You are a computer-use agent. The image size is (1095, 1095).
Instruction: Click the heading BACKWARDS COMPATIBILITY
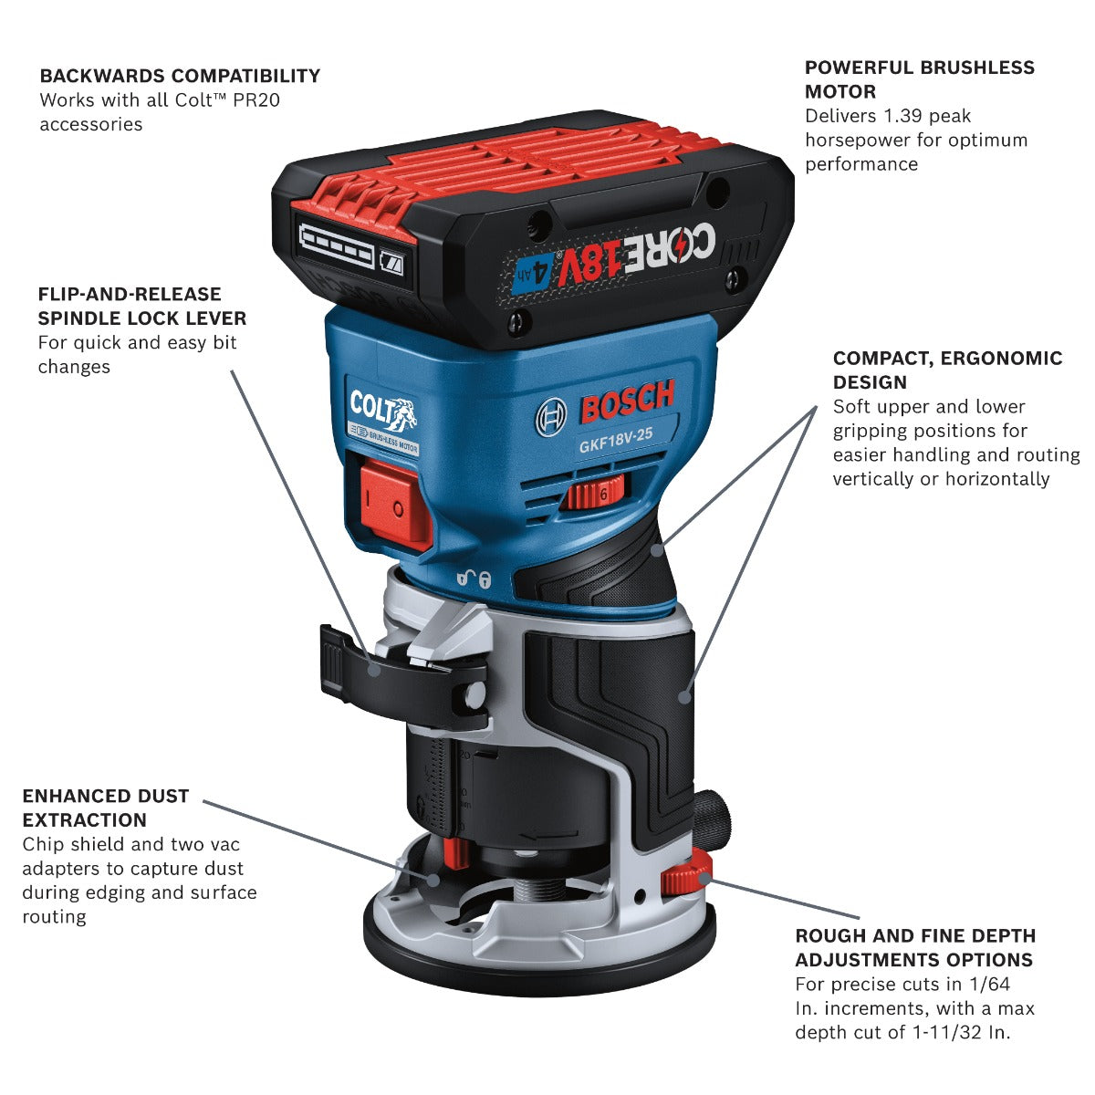(x=180, y=76)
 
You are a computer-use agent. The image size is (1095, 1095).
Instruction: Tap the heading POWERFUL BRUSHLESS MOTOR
(x=919, y=79)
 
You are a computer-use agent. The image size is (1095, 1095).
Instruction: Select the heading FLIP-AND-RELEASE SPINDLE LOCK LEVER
(x=141, y=306)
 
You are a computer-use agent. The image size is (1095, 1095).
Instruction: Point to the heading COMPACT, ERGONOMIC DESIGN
(x=947, y=370)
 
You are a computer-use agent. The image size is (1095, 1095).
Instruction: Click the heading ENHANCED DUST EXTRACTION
(x=106, y=808)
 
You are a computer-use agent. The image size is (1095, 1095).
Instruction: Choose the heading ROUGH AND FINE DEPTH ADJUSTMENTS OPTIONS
(x=915, y=947)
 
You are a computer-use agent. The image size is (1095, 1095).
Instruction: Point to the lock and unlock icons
(x=474, y=578)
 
